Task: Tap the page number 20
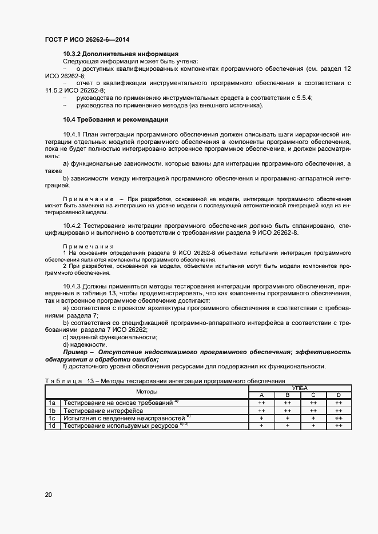pyautogui.click(x=48, y=495)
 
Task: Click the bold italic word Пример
pyautogui.click(x=76, y=352)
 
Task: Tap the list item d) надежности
pyautogui.click(x=85, y=344)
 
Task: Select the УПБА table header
pyautogui.click(x=300, y=388)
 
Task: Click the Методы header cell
pyautogui.click(x=147, y=391)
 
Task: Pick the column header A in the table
pyautogui.click(x=262, y=395)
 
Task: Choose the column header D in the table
pyautogui.click(x=339, y=395)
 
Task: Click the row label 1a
pyautogui.click(x=52, y=403)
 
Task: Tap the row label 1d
pyautogui.click(x=52, y=425)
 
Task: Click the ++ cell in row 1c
pyautogui.click(x=339, y=418)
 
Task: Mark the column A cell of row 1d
pyautogui.click(x=262, y=425)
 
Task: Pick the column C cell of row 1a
pyautogui.click(x=313, y=403)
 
